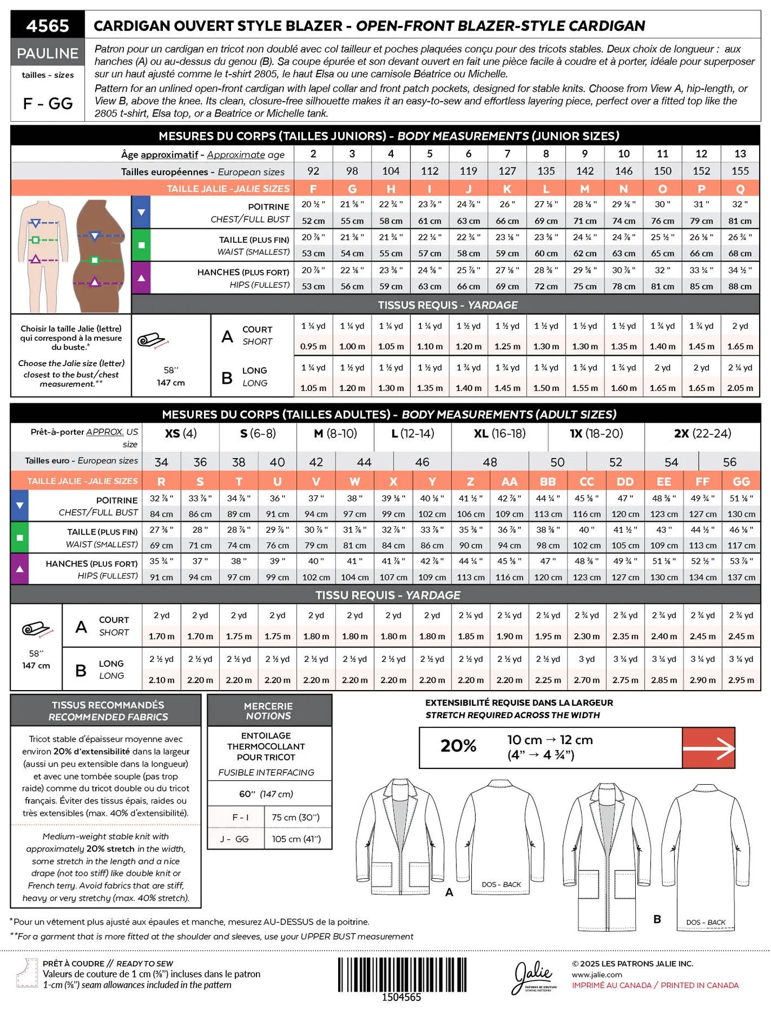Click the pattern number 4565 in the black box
pyautogui.click(x=48, y=26)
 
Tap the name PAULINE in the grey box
pyautogui.click(x=48, y=54)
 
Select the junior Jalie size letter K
pyautogui.click(x=507, y=189)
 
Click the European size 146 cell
pyautogui.click(x=623, y=171)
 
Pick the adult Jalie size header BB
pyautogui.click(x=548, y=482)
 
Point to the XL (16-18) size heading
pyautogui.click(x=499, y=434)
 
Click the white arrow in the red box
pyautogui.click(x=708, y=748)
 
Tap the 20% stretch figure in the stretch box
pyautogui.click(x=458, y=746)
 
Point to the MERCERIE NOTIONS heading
pyautogui.click(x=268, y=711)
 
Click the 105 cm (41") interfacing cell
pyautogui.click(x=296, y=839)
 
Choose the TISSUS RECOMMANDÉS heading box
pyautogui.click(x=106, y=711)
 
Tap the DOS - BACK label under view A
pyautogui.click(x=501, y=884)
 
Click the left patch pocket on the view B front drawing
pyautogui.click(x=589, y=888)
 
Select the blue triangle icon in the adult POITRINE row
pyautogui.click(x=20, y=505)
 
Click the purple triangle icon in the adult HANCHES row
pyautogui.click(x=20, y=569)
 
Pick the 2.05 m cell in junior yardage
pyautogui.click(x=740, y=388)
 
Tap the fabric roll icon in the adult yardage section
pyautogui.click(x=36, y=630)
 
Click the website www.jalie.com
pyautogui.click(x=597, y=975)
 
